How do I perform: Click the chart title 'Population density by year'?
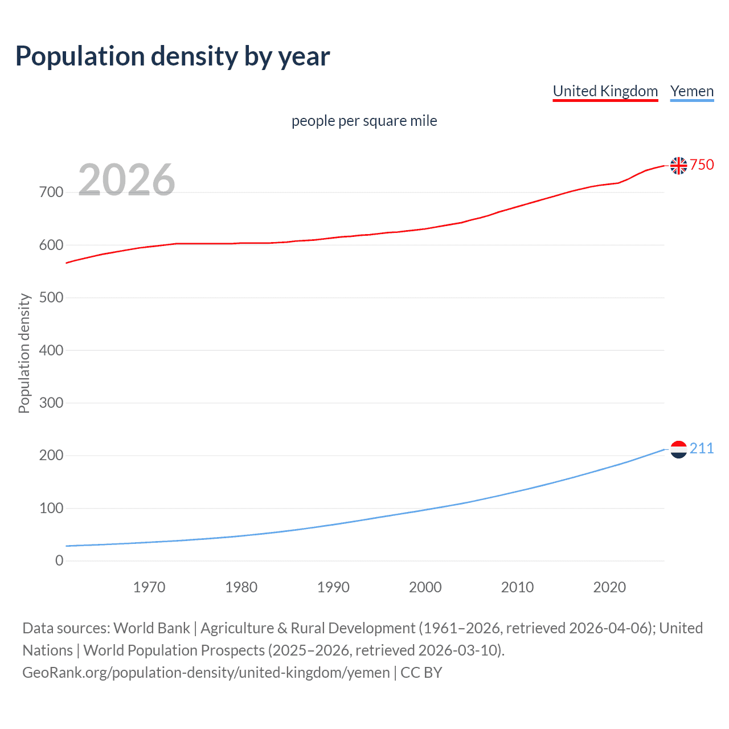point(173,56)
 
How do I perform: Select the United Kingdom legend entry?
point(605,91)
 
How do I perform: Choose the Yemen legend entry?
point(692,91)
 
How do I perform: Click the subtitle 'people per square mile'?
point(364,121)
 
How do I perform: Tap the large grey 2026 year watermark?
point(126,180)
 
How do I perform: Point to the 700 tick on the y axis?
point(51,193)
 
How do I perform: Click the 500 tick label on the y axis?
point(51,298)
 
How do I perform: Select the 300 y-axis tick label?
point(51,403)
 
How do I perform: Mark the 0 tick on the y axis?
point(59,561)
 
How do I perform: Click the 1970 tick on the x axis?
point(149,587)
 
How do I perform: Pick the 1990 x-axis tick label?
point(333,587)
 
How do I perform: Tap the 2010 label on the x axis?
point(517,587)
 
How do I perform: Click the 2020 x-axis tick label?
point(609,587)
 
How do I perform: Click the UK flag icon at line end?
point(678,165)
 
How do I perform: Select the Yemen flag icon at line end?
point(678,449)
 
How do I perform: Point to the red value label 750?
point(702,165)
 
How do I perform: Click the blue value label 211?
point(702,449)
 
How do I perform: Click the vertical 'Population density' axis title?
point(24,353)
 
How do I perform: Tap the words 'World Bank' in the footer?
point(151,628)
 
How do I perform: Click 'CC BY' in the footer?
point(421,673)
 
